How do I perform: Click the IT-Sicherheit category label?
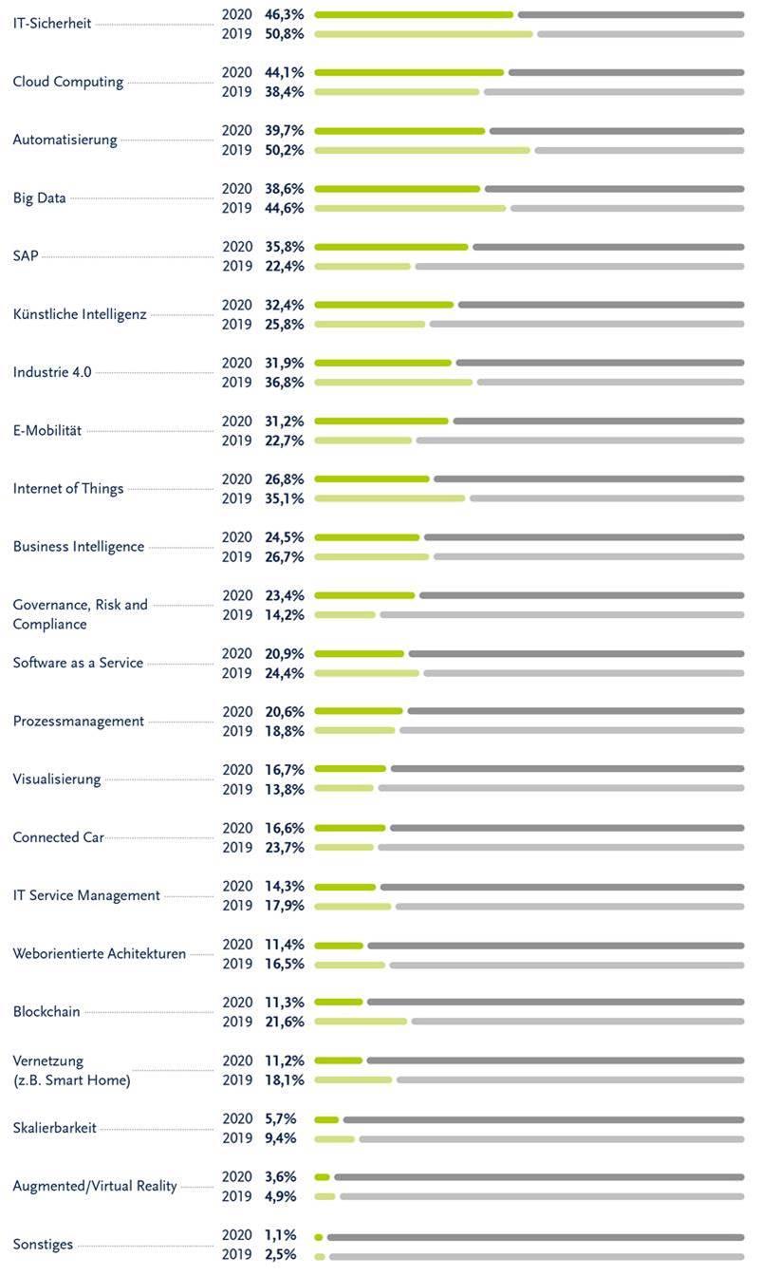pyautogui.click(x=52, y=24)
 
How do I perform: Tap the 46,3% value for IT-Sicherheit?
pyautogui.click(x=284, y=14)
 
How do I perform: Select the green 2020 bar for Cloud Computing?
pyautogui.click(x=409, y=72)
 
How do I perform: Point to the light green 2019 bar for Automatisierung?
pyautogui.click(x=422, y=150)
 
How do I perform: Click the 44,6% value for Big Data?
pyautogui.click(x=284, y=208)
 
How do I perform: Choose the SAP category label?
pyautogui.click(x=26, y=255)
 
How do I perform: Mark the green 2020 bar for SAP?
pyautogui.click(x=392, y=247)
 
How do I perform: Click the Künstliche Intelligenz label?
pyautogui.click(x=80, y=314)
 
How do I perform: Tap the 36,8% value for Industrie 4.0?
pyautogui.click(x=284, y=383)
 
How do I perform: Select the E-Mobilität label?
pyautogui.click(x=47, y=431)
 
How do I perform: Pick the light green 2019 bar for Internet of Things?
pyautogui.click(x=390, y=498)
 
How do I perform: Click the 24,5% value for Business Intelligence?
pyautogui.click(x=284, y=537)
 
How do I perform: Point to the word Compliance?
pyautogui.click(x=49, y=625)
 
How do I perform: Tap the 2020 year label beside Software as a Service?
pyautogui.click(x=237, y=653)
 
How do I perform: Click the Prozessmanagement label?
pyautogui.click(x=79, y=722)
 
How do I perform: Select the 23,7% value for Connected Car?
pyautogui.click(x=284, y=847)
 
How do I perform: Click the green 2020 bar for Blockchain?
pyautogui.click(x=339, y=1002)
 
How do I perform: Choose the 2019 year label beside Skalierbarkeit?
pyautogui.click(x=237, y=1137)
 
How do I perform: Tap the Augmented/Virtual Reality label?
pyautogui.click(x=95, y=1186)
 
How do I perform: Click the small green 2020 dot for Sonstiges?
pyautogui.click(x=319, y=1237)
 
